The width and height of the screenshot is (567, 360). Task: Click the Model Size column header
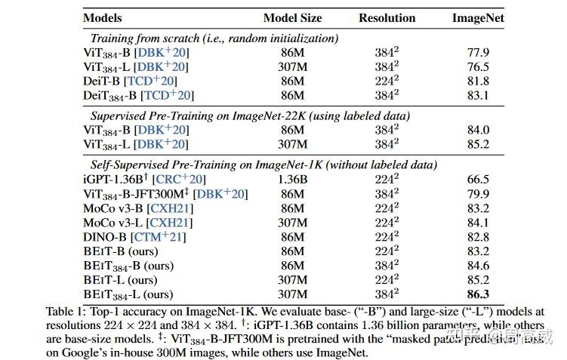(292, 17)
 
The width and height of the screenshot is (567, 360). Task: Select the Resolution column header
(387, 17)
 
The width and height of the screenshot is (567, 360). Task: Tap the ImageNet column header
(479, 17)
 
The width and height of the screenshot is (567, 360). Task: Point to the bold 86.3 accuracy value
(478, 294)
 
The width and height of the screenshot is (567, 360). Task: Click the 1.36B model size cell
(292, 180)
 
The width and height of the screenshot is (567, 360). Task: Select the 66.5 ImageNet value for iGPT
(478, 180)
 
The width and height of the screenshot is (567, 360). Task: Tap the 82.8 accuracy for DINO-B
(478, 237)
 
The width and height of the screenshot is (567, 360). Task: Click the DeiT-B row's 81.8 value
(478, 81)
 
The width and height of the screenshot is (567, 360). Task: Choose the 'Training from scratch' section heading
(214, 38)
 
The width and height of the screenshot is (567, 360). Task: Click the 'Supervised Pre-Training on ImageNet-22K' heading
(250, 115)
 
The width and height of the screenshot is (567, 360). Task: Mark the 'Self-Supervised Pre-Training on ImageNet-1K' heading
(264, 165)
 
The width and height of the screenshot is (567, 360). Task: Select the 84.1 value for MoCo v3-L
(478, 223)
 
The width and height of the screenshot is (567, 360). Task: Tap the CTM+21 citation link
(158, 237)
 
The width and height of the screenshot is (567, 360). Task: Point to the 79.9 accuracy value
(478, 194)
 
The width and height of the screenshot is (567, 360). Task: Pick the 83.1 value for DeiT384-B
(478, 95)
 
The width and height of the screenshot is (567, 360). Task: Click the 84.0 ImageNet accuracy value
(478, 130)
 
